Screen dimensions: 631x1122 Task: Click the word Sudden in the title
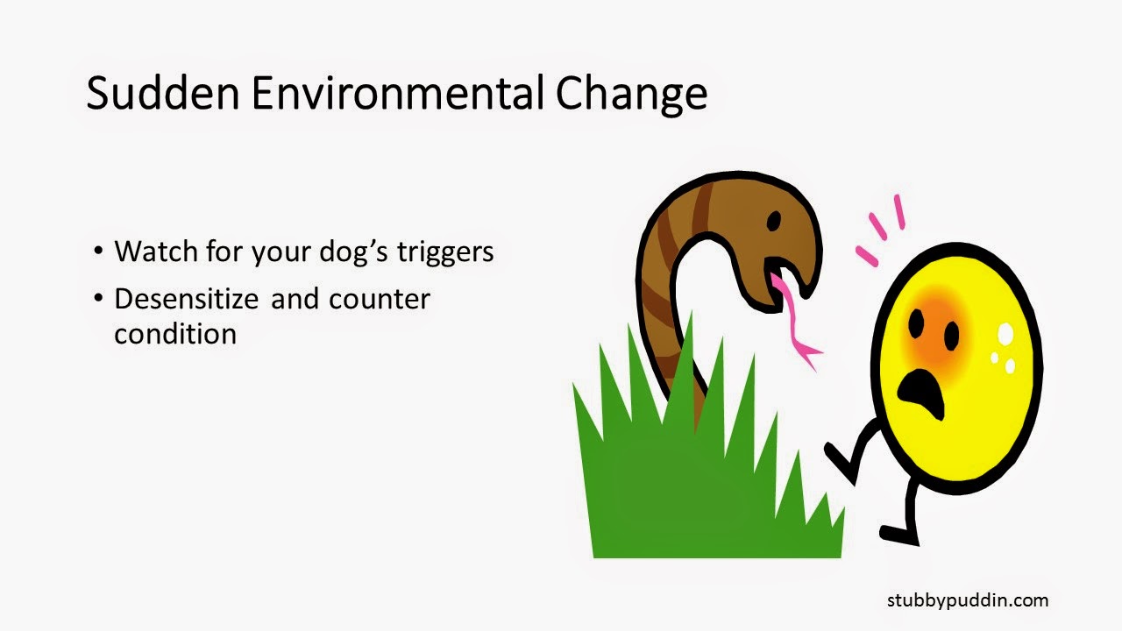coord(162,94)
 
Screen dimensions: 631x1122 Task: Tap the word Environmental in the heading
coord(398,94)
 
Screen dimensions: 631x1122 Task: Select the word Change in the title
coord(631,94)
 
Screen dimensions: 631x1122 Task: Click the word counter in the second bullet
coord(380,300)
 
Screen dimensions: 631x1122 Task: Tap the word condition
coord(175,334)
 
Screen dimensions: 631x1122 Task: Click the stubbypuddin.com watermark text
coord(967,600)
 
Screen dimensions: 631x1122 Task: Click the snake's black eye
coord(773,223)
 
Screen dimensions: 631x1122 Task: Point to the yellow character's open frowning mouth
coord(924,391)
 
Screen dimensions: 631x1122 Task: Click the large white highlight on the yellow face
coord(1005,334)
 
